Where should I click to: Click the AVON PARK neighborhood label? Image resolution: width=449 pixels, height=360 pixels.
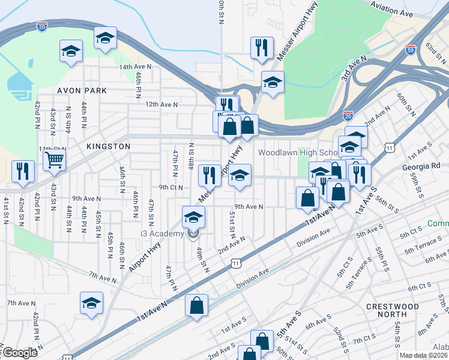(82, 91)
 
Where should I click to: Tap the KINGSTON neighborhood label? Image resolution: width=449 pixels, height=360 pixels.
(91, 146)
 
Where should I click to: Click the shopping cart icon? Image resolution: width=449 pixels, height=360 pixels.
(54, 160)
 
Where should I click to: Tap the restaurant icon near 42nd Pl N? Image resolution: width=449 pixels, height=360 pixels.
(23, 171)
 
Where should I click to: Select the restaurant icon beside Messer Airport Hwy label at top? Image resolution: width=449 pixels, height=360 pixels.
(262, 48)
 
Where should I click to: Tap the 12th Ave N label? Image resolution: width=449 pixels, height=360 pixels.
(161, 104)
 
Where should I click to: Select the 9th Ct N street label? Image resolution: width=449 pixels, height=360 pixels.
(170, 187)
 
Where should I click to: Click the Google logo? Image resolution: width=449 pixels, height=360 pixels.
(20, 353)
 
